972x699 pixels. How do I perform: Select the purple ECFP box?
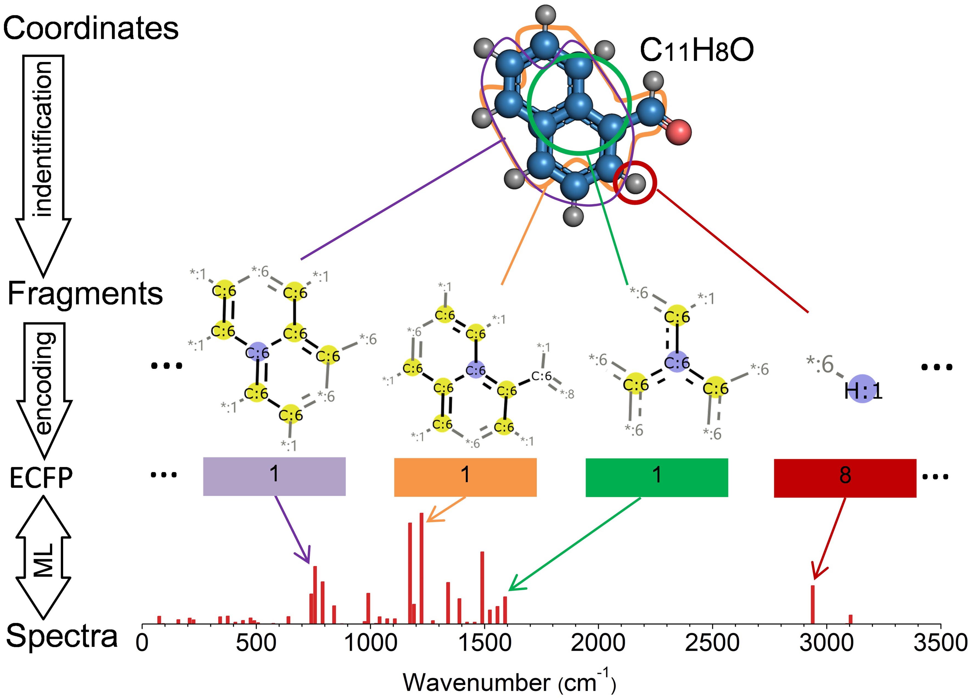click(274, 476)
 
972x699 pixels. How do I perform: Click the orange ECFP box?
click(465, 477)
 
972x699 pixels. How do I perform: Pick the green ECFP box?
click(657, 477)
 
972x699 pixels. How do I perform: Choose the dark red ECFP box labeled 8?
click(845, 478)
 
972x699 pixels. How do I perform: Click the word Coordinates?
click(91, 28)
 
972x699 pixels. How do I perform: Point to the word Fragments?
click(85, 294)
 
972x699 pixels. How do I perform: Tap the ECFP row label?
click(41, 478)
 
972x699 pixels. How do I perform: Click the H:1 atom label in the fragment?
click(863, 390)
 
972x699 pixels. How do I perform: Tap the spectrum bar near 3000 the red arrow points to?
click(812, 604)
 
